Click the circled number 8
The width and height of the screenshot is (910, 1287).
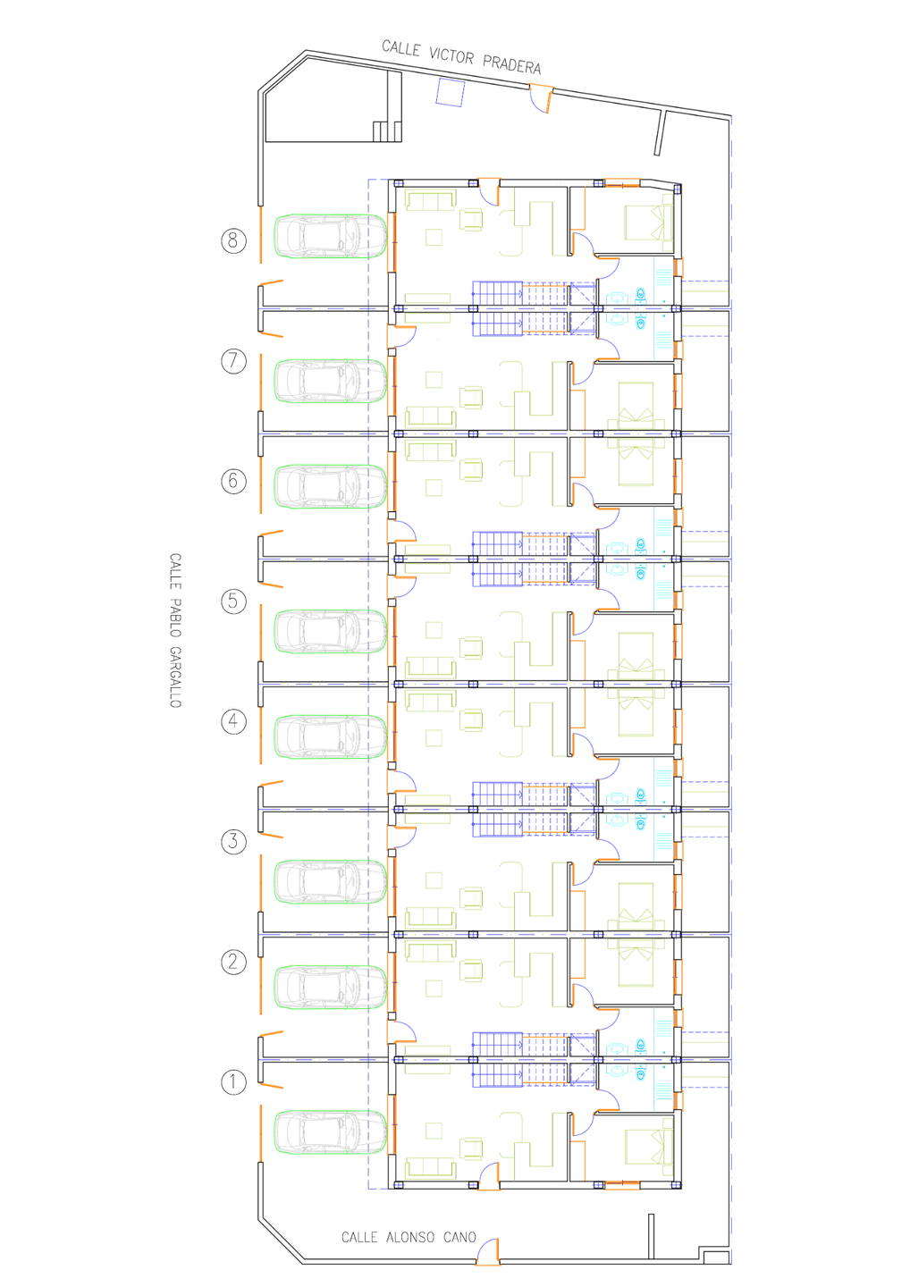pyautogui.click(x=233, y=240)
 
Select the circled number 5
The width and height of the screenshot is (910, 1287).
pyautogui.click(x=233, y=601)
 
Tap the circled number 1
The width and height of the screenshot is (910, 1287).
pyautogui.click(x=233, y=1081)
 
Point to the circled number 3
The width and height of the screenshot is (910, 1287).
pyautogui.click(x=233, y=842)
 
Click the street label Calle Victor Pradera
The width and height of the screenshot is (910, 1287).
pyautogui.click(x=461, y=57)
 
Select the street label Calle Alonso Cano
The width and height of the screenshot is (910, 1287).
pyautogui.click(x=409, y=1237)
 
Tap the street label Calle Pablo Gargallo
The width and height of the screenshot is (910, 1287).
pyautogui.click(x=175, y=630)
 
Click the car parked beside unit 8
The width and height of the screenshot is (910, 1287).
pyautogui.click(x=331, y=236)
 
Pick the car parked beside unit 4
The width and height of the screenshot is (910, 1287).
pyautogui.click(x=331, y=737)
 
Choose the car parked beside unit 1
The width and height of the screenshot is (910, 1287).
pyautogui.click(x=331, y=1132)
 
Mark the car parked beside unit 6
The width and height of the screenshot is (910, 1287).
pyautogui.click(x=331, y=486)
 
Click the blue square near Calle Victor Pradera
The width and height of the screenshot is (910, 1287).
pyautogui.click(x=450, y=93)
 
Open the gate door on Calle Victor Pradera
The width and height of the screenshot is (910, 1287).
pyautogui.click(x=541, y=99)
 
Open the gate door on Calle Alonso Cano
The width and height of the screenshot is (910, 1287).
pyautogui.click(x=488, y=1251)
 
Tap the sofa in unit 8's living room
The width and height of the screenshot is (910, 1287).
pyautogui.click(x=430, y=200)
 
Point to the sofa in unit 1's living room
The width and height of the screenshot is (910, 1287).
pyautogui.click(x=430, y=1169)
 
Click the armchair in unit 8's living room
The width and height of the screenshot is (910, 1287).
pyautogui.click(x=471, y=220)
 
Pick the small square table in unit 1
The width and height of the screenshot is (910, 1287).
pyautogui.click(x=434, y=1131)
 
